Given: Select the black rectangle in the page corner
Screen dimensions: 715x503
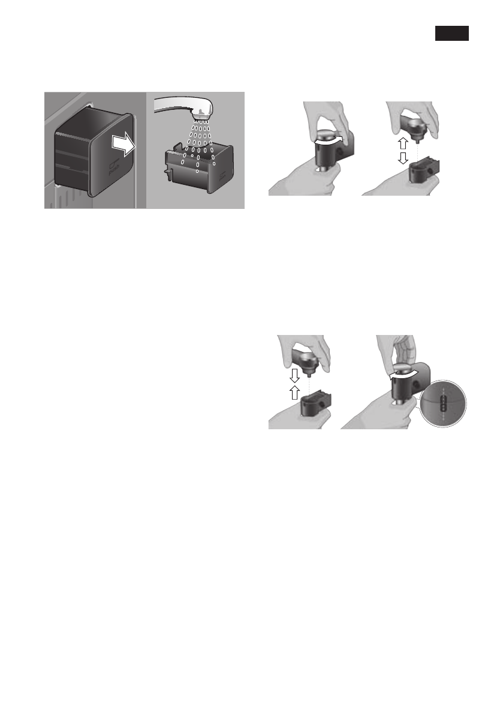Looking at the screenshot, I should point(451,34).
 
